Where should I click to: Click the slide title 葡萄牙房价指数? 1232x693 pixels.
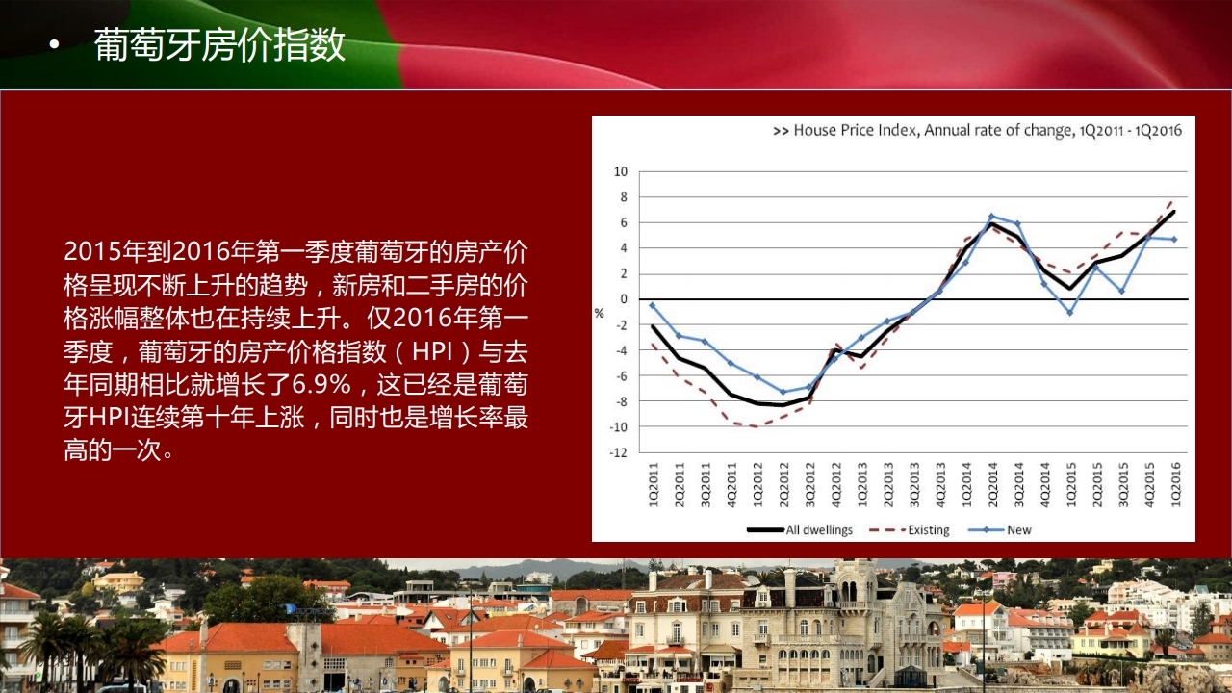coord(219,45)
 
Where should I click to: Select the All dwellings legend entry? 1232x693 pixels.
coord(800,529)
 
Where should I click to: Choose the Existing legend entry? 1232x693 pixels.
coord(910,529)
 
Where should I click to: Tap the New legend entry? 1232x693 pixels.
coord(1000,529)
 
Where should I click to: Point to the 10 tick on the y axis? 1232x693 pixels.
coord(621,171)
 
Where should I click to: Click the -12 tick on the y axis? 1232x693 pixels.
coord(618,452)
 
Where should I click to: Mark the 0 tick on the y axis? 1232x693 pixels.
coord(624,299)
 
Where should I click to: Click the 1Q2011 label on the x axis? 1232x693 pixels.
coord(653,484)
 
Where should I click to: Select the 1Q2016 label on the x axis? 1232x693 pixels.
coord(1175,484)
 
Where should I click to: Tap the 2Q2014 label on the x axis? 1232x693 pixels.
coord(992,484)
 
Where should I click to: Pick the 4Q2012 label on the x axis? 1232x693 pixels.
coord(836,484)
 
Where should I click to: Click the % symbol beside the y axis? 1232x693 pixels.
coord(600,314)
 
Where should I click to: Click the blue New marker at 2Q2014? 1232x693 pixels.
coord(991,217)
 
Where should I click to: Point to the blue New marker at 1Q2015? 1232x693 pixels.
coord(1070,313)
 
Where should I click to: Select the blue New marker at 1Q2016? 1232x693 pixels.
coord(1175,240)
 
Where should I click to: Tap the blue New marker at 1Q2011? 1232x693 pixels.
coord(653,305)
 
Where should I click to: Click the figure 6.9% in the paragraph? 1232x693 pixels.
coord(321,384)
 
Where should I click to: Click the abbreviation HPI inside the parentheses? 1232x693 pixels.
coord(432,351)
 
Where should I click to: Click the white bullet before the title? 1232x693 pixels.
coord(53,45)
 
